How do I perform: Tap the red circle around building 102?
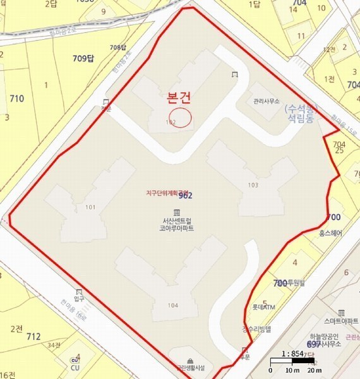tap(181, 117)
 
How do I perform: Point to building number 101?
tap(90, 207)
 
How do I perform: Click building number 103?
tap(253, 185)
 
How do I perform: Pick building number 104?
tap(173, 305)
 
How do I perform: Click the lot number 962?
tap(186, 196)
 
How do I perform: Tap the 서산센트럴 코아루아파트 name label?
tap(176, 224)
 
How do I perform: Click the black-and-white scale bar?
tap(296, 363)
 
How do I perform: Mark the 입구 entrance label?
tap(79, 298)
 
